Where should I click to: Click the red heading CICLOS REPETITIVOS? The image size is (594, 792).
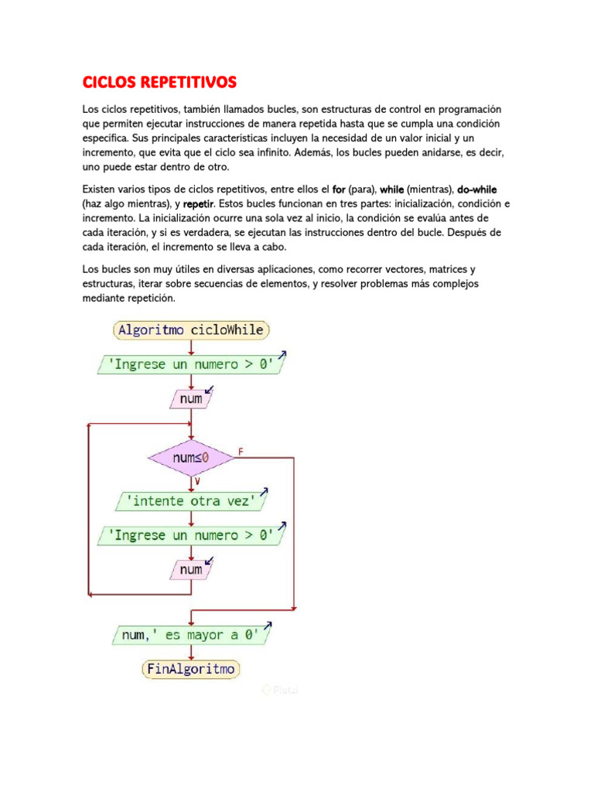point(159,82)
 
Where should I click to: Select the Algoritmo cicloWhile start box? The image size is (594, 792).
point(191,330)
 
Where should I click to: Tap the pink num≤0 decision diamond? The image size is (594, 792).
point(191,458)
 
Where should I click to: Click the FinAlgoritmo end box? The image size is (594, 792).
point(191,668)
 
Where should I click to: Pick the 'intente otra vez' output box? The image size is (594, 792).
point(191,501)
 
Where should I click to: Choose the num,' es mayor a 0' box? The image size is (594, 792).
point(191,636)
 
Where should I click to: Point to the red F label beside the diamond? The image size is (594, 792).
point(241,450)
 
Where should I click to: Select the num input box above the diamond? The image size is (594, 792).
point(191,399)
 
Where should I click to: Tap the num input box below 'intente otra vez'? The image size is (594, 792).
point(191,570)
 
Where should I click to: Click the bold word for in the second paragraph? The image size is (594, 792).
point(338,189)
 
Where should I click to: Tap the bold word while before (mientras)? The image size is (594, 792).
point(392,189)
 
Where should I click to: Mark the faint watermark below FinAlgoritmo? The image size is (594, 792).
point(280,690)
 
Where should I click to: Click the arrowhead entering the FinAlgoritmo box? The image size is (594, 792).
point(191,656)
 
